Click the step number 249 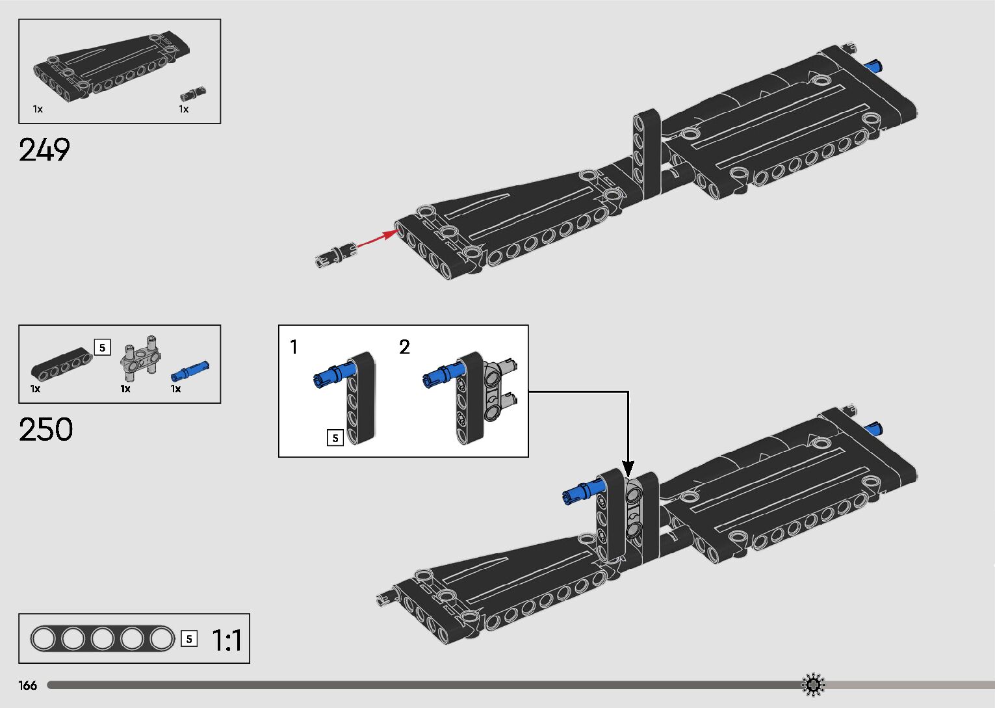point(44,150)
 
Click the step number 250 point(45,430)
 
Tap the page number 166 point(28,685)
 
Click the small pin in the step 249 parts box point(193,92)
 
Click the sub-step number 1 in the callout point(294,347)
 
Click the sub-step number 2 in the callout point(404,347)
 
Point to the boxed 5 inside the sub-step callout point(335,438)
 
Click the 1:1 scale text point(227,640)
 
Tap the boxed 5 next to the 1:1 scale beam point(188,639)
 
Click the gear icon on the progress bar point(813,685)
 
